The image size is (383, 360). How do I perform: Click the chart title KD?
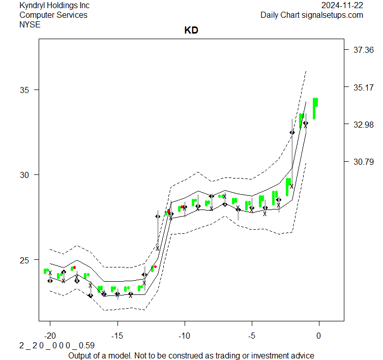tap(191, 31)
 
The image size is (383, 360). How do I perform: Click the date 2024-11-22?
tap(342, 6)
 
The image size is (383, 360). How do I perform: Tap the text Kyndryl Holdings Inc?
tap(54, 6)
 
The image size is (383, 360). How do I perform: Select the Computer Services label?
tap(53, 15)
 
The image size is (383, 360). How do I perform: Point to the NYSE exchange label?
tap(30, 24)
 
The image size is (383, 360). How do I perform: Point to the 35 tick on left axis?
tap(25, 90)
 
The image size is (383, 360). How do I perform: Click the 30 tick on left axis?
tap(25, 175)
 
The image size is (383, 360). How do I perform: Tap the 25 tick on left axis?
tap(25, 260)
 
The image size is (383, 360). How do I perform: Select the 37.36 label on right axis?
tap(363, 50)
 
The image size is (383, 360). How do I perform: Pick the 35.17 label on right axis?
tap(363, 87)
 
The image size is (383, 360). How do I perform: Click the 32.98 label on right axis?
tap(363, 125)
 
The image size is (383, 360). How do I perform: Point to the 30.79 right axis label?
tap(363, 162)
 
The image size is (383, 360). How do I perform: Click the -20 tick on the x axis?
tap(50, 336)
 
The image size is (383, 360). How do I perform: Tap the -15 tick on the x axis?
tap(117, 336)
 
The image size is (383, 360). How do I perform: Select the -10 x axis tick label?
tap(185, 336)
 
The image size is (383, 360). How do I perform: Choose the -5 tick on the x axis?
tap(252, 336)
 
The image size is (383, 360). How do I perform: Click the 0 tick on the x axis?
tap(319, 336)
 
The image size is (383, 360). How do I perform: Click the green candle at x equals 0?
tap(315, 107)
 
